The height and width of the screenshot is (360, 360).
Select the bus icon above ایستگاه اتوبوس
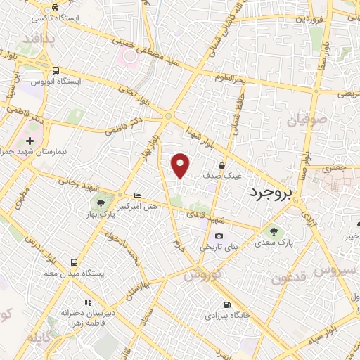pos(56,70)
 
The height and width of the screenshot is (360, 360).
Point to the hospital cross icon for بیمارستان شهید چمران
pos(30,141)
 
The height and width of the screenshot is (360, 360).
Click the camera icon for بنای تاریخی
pos(219,236)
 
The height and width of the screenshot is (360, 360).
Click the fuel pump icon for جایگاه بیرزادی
pos(226,305)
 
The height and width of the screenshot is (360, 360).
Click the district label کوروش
pos(204,274)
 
